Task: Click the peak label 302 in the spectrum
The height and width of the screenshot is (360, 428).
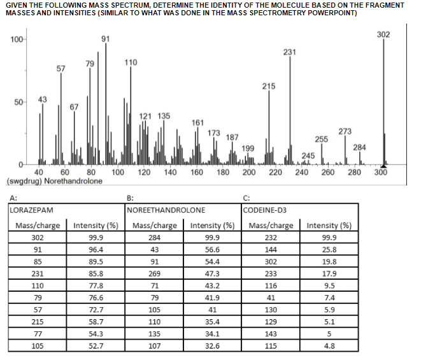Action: coord(383,34)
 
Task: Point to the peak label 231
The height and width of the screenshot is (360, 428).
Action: coord(290,52)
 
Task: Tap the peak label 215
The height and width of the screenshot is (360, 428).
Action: coord(269,85)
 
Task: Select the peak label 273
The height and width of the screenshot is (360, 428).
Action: coord(345,131)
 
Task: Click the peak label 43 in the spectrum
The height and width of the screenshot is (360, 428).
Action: coord(42,99)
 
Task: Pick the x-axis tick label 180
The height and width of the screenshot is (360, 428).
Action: coord(223,173)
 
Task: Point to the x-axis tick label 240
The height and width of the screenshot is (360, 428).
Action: coord(302,173)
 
